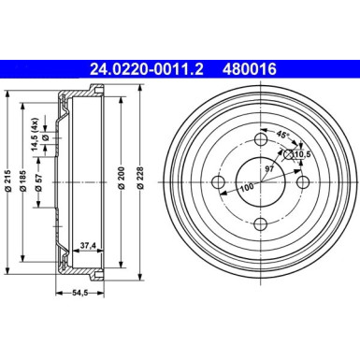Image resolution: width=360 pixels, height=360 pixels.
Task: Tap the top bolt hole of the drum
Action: click(x=259, y=141)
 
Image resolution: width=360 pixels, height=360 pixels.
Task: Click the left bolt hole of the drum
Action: click(x=219, y=181)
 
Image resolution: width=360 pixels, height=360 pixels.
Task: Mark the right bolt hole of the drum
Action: click(x=300, y=181)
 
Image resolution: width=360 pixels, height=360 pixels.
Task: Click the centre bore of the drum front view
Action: click(x=259, y=181)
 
